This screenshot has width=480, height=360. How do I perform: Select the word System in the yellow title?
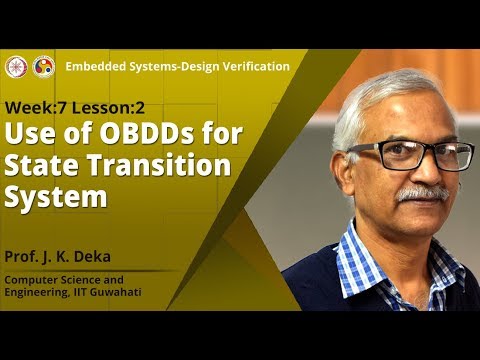click(x=56, y=196)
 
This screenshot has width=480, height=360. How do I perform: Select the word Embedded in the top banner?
click(x=98, y=66)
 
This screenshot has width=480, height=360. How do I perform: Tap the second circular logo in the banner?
click(x=43, y=66)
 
